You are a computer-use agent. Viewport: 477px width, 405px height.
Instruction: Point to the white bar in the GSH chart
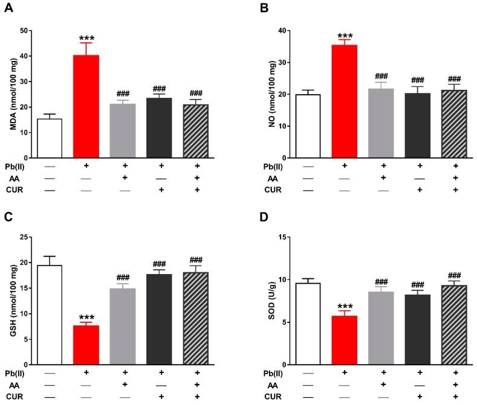50,314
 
